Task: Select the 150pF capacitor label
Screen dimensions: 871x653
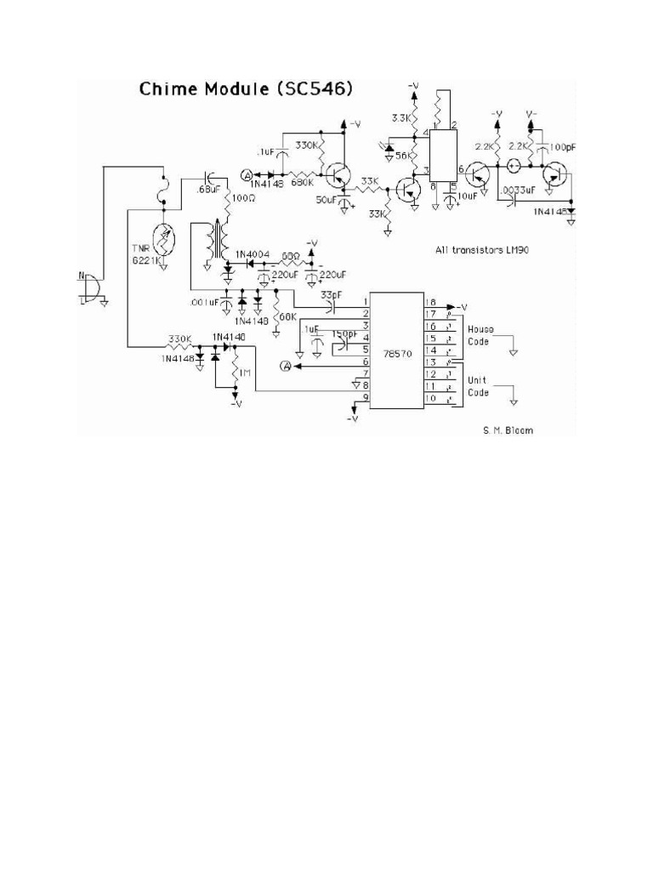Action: coord(344,333)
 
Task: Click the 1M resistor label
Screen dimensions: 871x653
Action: coord(244,373)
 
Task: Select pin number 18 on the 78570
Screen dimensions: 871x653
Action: coord(430,302)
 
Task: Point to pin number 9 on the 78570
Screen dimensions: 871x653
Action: coord(365,397)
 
